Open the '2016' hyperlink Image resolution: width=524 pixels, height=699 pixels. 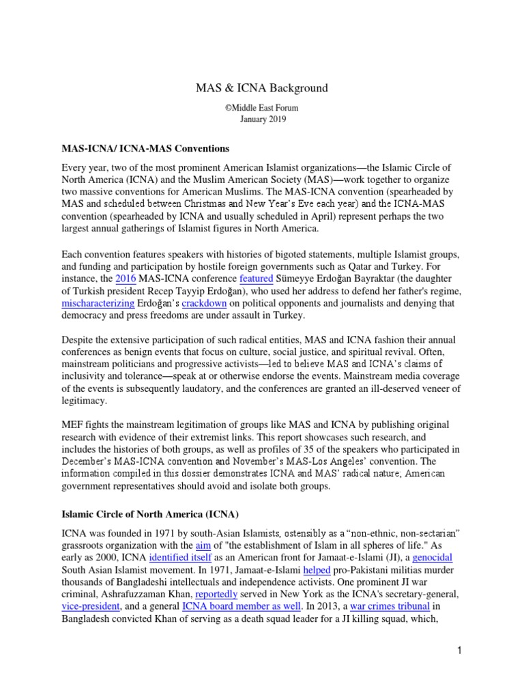tap(126, 279)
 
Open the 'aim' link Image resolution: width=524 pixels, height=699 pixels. tap(203, 545)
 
